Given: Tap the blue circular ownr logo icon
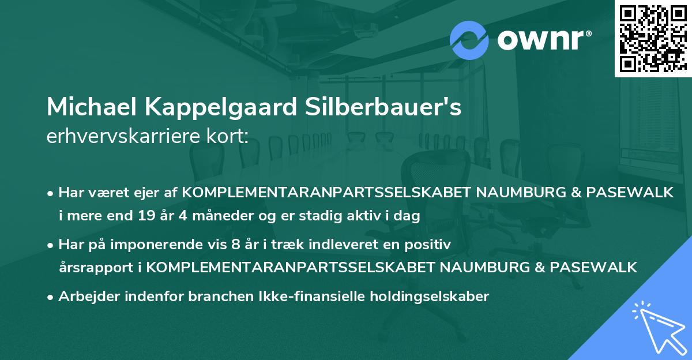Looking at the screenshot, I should pos(469,40).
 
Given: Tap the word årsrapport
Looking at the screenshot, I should pos(99,268).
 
